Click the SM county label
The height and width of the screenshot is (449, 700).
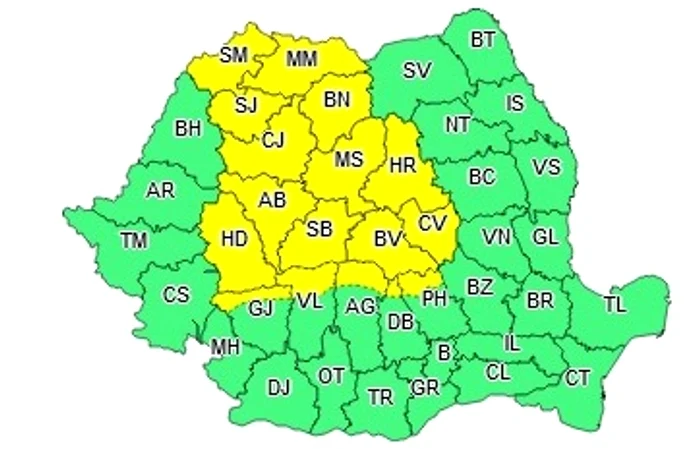(x=233, y=55)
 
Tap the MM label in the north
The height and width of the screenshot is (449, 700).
(x=301, y=60)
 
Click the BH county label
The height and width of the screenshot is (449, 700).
(x=187, y=128)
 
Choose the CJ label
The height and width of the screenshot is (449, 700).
(x=273, y=140)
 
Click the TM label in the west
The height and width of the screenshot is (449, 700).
(x=132, y=240)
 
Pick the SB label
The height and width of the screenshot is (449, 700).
(x=319, y=230)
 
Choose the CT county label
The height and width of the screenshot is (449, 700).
(x=578, y=378)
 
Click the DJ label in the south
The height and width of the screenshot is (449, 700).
(x=279, y=386)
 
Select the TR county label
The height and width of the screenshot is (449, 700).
(x=380, y=397)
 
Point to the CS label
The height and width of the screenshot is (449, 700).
(x=176, y=294)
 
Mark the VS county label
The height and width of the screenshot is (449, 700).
(x=546, y=166)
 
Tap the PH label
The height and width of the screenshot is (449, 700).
(x=434, y=296)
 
